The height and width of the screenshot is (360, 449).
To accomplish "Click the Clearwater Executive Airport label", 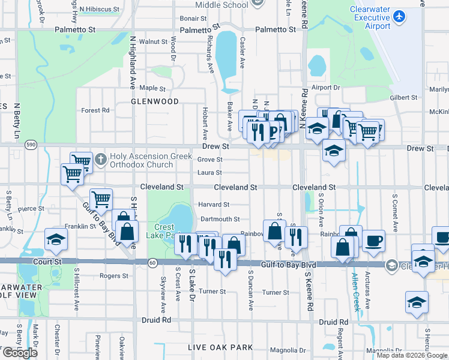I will pyautogui.click(x=370, y=18).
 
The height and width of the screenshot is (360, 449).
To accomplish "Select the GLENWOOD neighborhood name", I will pyautogui.click(x=155, y=101).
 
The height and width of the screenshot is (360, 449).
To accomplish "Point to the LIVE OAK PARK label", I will pyautogui.click(x=220, y=347).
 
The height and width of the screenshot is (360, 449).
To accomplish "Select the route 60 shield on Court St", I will pyautogui.click(x=153, y=262).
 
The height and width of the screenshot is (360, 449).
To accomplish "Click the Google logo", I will pyautogui.click(x=20, y=353).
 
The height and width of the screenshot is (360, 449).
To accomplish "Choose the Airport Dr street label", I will pyautogui.click(x=325, y=87).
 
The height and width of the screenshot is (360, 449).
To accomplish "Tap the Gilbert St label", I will pyautogui.click(x=403, y=97).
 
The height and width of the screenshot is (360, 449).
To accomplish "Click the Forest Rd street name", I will pyautogui.click(x=95, y=110).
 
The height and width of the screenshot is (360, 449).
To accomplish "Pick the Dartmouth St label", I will pyautogui.click(x=220, y=219).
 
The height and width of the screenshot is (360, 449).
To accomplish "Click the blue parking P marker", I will pyautogui.click(x=274, y=131).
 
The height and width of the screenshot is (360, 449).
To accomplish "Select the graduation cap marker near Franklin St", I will pyautogui.click(x=56, y=239).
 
